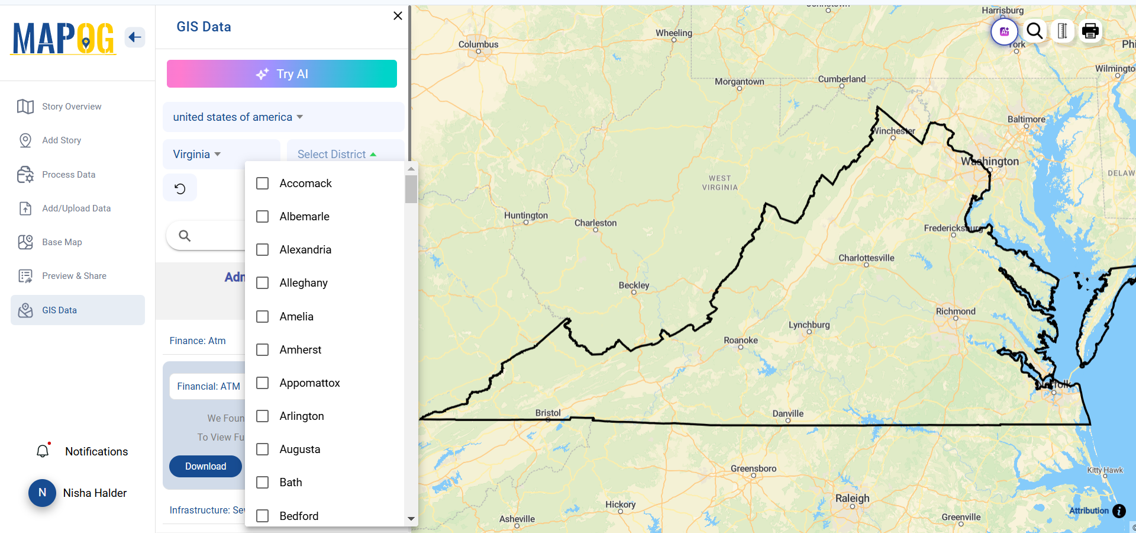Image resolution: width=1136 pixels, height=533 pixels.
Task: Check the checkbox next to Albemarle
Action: pyautogui.click(x=263, y=217)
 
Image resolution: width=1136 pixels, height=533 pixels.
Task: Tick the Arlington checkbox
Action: pyautogui.click(x=263, y=416)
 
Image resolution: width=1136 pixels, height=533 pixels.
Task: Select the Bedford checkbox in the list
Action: pyautogui.click(x=263, y=516)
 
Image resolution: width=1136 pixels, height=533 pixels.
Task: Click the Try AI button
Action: pyautogui.click(x=282, y=74)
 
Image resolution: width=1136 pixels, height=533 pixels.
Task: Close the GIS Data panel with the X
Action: pyautogui.click(x=398, y=16)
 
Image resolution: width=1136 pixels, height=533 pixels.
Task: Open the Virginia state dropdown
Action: pyautogui.click(x=197, y=155)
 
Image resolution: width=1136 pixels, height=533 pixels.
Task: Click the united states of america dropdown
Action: pyautogui.click(x=238, y=117)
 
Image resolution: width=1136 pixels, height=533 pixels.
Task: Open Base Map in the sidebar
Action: pyautogui.click(x=62, y=242)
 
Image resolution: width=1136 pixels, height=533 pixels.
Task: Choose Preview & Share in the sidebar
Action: pyautogui.click(x=74, y=276)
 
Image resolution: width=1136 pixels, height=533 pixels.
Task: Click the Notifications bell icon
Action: pyautogui.click(x=43, y=451)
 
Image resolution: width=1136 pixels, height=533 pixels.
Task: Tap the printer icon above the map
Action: pyautogui.click(x=1090, y=31)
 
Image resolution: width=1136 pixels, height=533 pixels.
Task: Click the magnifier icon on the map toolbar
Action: pyautogui.click(x=1034, y=31)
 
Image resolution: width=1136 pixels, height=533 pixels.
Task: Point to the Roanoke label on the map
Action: pyautogui.click(x=740, y=341)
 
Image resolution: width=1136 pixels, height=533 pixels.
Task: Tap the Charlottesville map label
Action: pyautogui.click(x=866, y=258)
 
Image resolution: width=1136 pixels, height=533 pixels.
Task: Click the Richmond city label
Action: pyautogui.click(x=955, y=312)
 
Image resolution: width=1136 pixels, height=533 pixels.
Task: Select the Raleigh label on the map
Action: pyautogui.click(x=852, y=498)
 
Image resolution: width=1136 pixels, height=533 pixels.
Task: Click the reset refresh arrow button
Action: pyautogui.click(x=180, y=188)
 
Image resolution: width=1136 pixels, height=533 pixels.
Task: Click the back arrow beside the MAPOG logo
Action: pyautogui.click(x=135, y=37)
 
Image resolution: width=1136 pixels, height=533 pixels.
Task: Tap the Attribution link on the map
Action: pyautogui.click(x=1088, y=510)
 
